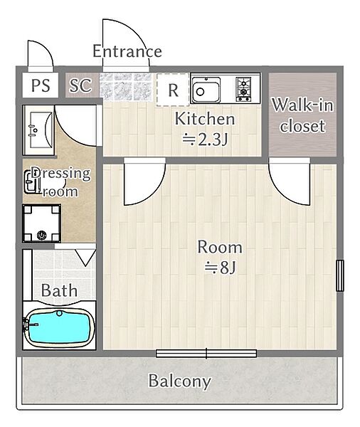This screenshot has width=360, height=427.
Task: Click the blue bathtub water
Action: pos(59,327)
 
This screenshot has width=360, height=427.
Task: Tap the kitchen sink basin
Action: pos(206,90)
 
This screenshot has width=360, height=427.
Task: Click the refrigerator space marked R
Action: pos(173,90)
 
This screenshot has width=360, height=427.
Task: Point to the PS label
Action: pos(41,85)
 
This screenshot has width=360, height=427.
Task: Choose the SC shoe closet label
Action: pos(80,85)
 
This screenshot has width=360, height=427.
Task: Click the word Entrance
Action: pos(127,51)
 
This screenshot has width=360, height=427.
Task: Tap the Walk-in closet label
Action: pos(302,115)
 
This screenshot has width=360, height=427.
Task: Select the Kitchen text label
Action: pos(204,119)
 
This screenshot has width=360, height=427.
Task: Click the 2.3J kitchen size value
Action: pos(205,139)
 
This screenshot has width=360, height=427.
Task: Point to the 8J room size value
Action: pos(220,268)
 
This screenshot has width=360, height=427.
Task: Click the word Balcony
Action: pos(180,381)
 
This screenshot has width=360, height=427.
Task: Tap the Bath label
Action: pos(59,290)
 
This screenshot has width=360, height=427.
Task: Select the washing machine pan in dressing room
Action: pos(41,223)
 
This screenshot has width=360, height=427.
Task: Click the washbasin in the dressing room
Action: pos(38,130)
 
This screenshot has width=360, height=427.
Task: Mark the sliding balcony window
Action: pos(206,354)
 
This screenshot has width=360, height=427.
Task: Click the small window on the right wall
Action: pos(339,275)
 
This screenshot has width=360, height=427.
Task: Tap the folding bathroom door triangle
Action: pos(85,258)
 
